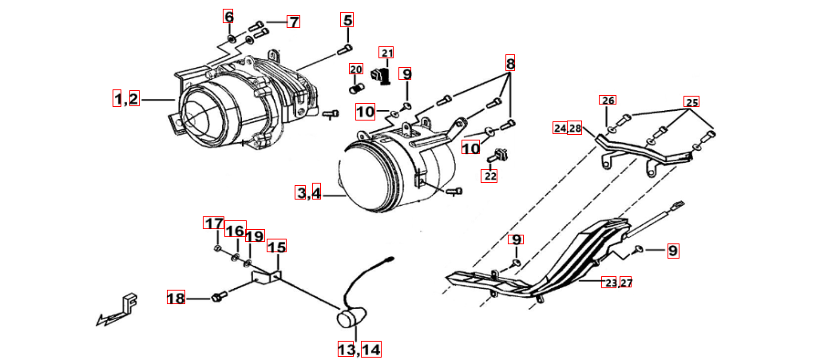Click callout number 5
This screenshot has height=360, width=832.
coord(347,20)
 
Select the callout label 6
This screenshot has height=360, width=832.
coord(228,17)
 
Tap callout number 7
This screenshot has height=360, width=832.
coord(293,22)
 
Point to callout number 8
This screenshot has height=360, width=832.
coord(510,63)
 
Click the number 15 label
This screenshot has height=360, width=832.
coord(276,247)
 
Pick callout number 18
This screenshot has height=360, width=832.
coord(176,298)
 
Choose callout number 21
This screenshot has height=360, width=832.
coord(386,53)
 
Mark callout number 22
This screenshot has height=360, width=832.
coord(489,176)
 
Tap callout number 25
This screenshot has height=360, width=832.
coord(691,102)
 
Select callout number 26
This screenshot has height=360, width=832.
coord(608,101)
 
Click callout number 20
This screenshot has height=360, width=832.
coord(356,69)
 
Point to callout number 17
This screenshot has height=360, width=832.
coord(213,224)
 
